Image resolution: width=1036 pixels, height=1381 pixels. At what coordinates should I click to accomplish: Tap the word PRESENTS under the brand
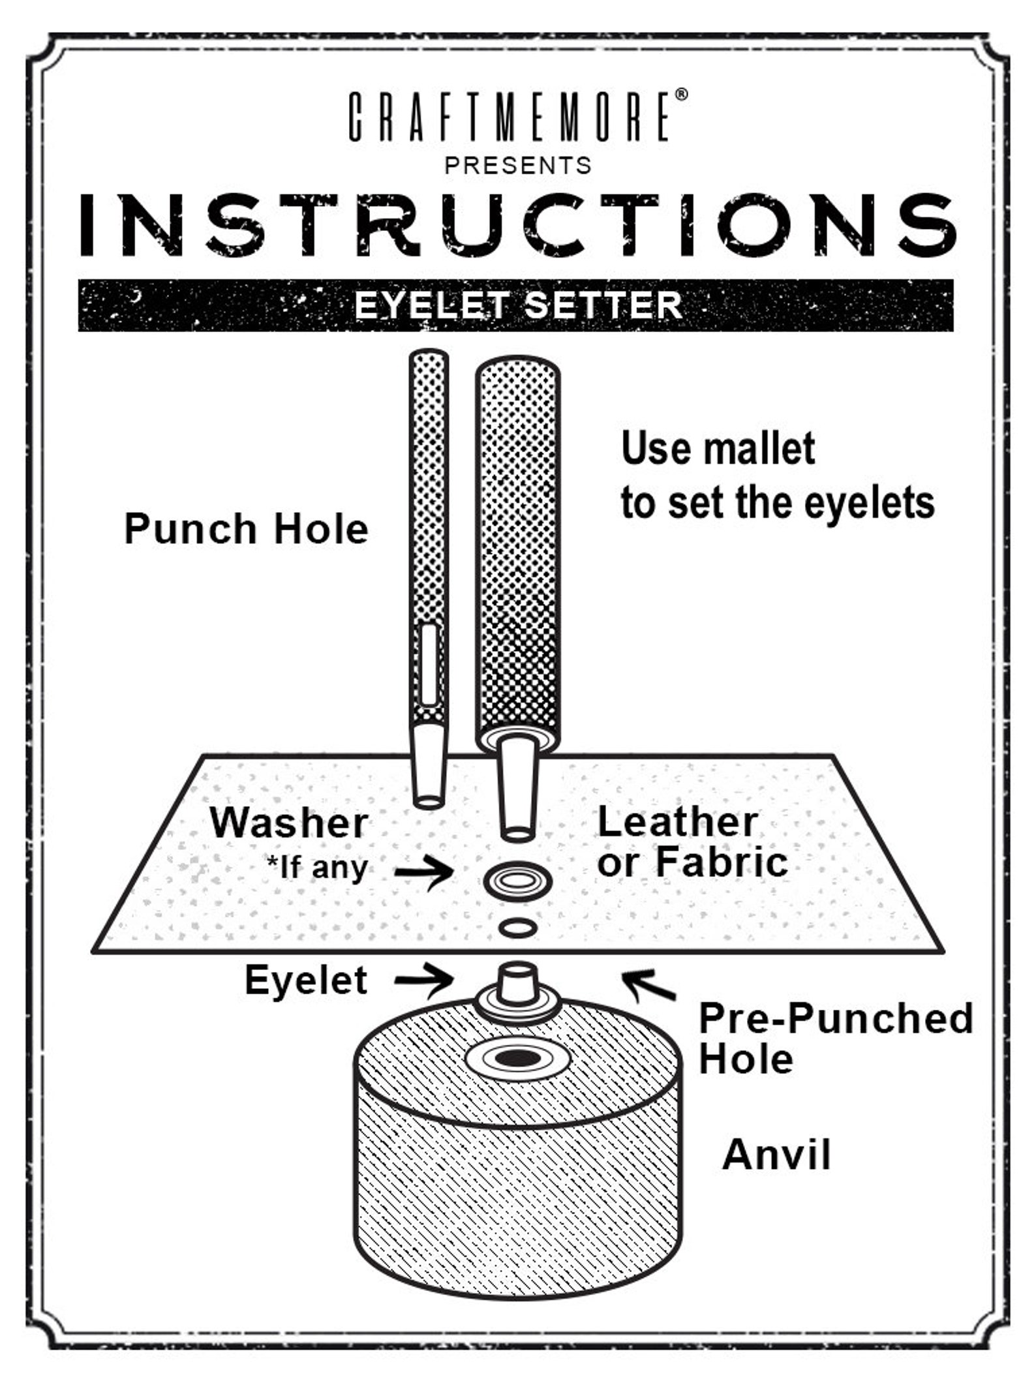click(x=518, y=166)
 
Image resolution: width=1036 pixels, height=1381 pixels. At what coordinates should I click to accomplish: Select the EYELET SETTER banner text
click(x=518, y=305)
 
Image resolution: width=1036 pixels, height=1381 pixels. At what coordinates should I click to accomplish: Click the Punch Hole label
click(x=246, y=528)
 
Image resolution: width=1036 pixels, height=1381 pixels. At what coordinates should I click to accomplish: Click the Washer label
click(x=288, y=823)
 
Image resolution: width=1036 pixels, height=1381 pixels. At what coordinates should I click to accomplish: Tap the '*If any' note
click(x=317, y=868)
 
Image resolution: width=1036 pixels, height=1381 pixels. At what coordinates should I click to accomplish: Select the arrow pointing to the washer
click(x=424, y=872)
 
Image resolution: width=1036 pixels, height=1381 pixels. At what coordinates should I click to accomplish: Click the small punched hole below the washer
click(x=518, y=928)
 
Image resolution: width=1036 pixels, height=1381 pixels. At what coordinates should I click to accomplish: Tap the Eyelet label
click(x=306, y=980)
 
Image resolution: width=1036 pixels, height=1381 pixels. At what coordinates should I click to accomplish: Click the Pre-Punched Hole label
click(x=836, y=1038)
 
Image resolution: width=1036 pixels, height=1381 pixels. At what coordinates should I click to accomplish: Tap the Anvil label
click(x=776, y=1155)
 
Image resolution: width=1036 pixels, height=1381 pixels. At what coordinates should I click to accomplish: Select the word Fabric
click(x=722, y=862)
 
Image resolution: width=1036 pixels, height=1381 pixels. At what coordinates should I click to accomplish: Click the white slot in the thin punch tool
click(x=429, y=664)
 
